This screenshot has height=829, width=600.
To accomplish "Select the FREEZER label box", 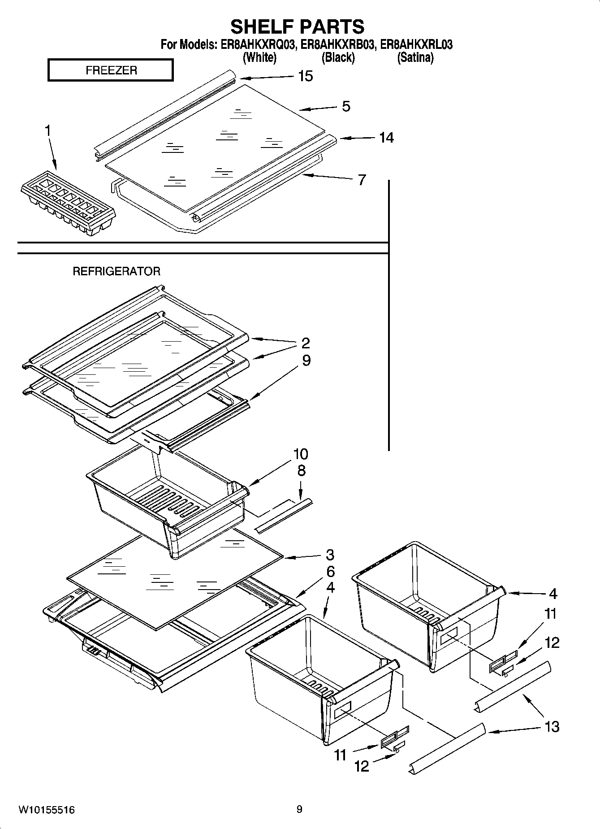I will pos(111,70).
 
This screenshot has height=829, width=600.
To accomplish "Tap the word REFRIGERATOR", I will pos(117,271).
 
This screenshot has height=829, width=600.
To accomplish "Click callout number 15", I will pos(305,76).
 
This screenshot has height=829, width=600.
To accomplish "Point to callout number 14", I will pos(386,138).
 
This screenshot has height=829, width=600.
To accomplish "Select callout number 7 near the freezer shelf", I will pos(362,180).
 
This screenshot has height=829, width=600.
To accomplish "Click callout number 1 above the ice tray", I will pos(47,131).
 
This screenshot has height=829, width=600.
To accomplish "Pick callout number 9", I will pos(306,360).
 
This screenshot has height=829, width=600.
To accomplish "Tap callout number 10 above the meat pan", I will pos(301,454).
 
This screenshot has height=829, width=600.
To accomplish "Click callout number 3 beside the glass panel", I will pos(330,555).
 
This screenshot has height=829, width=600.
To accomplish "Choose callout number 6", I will pos(330,572).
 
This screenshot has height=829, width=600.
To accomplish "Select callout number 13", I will pos(552,726).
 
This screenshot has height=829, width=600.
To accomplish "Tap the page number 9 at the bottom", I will pos(299,809).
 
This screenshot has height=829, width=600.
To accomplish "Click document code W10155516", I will pos(47,810).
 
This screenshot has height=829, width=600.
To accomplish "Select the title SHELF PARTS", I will pos(298,27).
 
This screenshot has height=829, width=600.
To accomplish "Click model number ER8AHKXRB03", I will pos(337,45).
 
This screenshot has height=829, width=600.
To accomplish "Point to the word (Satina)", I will pos(415,58).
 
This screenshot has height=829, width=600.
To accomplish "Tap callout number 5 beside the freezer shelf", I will pos(346,107).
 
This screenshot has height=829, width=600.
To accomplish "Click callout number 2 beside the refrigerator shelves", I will pos(305,343).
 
